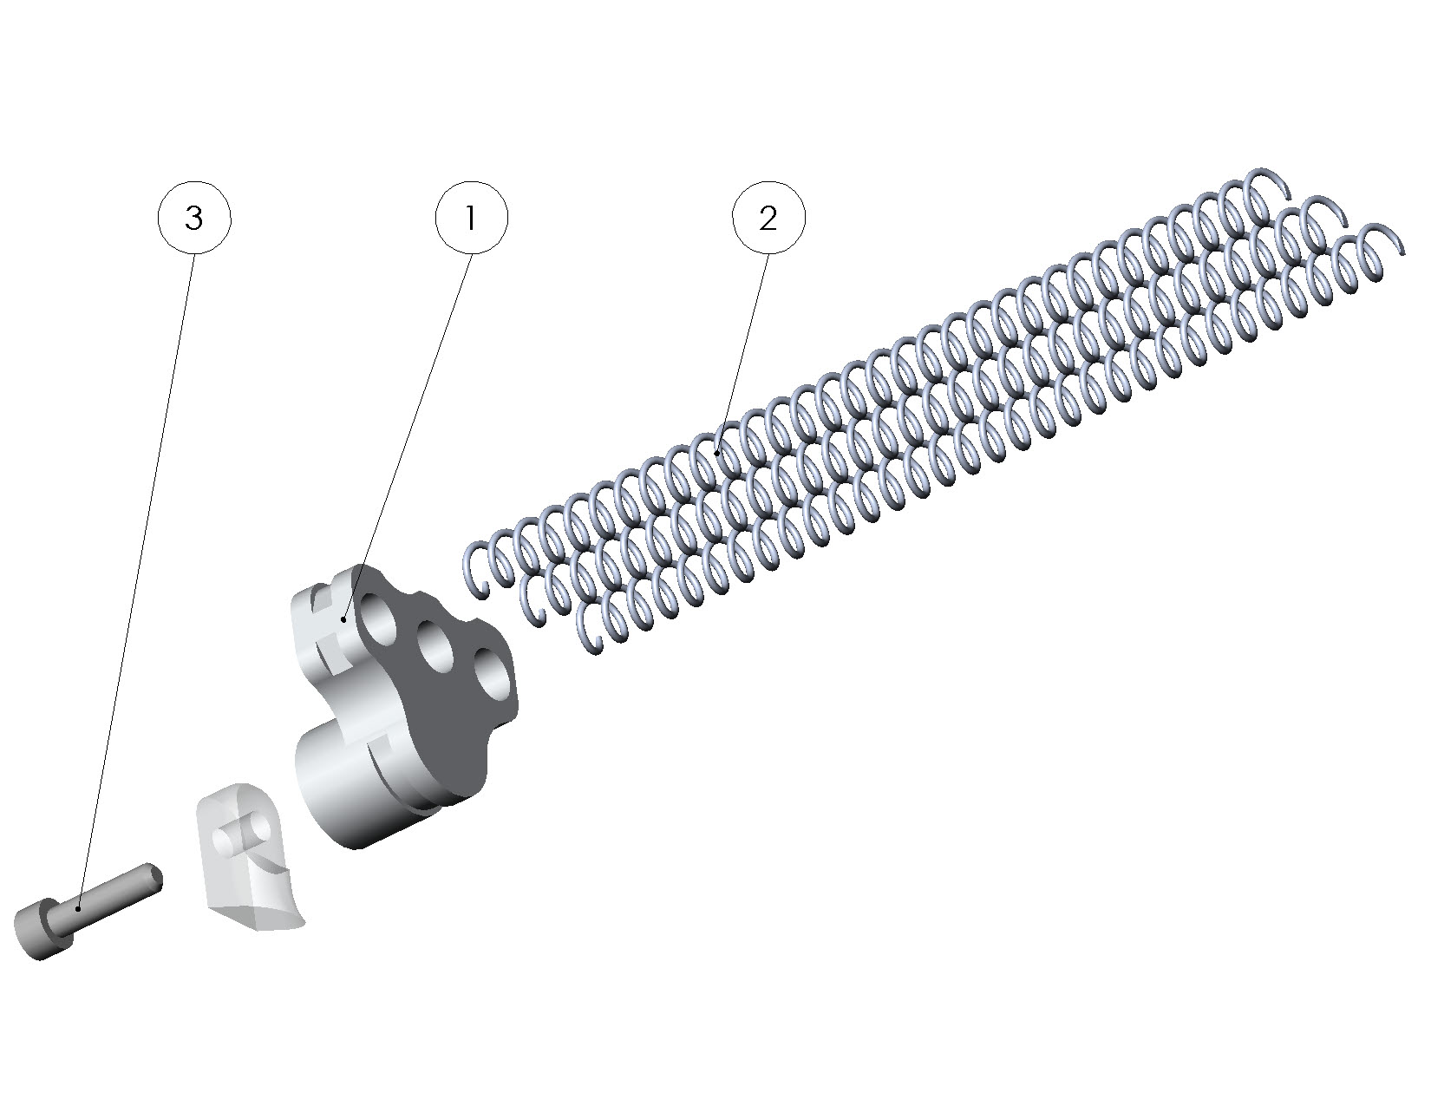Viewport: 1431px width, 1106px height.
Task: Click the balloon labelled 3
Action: pyautogui.click(x=194, y=218)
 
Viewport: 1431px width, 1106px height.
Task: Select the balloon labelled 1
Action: pyautogui.click(x=472, y=218)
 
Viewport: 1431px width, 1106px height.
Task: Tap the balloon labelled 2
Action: pyautogui.click(x=768, y=218)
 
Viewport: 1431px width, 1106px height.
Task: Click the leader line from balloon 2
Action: pyautogui.click(x=743, y=353)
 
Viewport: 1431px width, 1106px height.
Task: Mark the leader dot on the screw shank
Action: pyautogui.click(x=78, y=909)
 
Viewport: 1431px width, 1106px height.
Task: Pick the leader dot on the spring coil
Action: pyautogui.click(x=717, y=453)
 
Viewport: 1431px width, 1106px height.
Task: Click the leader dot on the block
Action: pyautogui.click(x=343, y=619)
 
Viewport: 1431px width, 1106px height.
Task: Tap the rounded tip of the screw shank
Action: pyautogui.click(x=155, y=877)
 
